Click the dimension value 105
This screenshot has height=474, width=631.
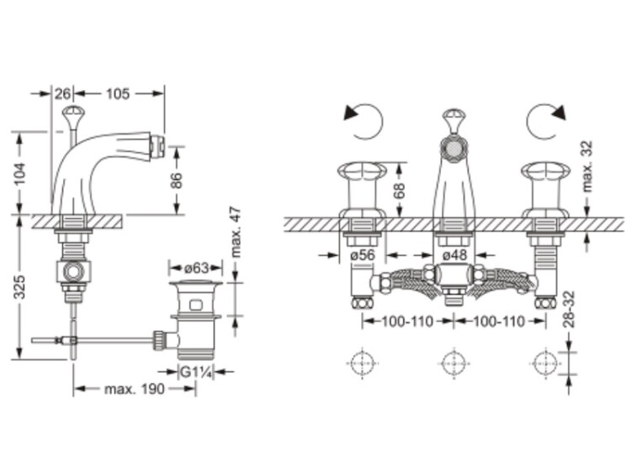tap(118, 93)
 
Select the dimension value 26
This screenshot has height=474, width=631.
tap(62, 93)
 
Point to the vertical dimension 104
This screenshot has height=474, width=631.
tap(20, 173)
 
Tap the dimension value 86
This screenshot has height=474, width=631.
tap(177, 180)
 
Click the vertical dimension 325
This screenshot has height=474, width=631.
tap(19, 287)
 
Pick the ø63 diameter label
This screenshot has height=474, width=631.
tap(197, 268)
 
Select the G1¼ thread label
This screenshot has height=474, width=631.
tap(196, 372)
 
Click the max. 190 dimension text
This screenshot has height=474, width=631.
tap(135, 389)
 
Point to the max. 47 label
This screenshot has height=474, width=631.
tap(236, 232)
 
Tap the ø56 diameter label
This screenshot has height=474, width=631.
tap(363, 255)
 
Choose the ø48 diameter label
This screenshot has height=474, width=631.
tap(454, 255)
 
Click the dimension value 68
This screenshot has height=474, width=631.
tap(399, 191)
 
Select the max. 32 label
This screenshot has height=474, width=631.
tap(587, 166)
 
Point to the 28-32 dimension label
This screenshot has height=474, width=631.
tap(570, 309)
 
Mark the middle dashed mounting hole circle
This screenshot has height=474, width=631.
tap(454, 364)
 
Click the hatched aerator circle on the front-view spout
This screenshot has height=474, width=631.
tap(454, 148)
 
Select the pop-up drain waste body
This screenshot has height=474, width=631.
tap(196, 318)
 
